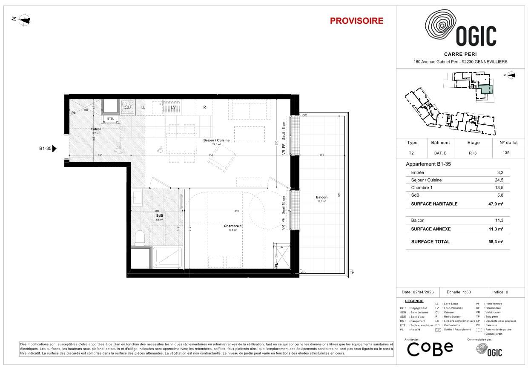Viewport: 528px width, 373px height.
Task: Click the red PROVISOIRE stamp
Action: pos(356,21)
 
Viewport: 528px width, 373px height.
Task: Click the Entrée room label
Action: pos(96,129)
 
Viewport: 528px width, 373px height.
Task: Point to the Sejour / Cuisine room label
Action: pos(216,140)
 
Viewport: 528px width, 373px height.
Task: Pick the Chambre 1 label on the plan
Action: pos(233,226)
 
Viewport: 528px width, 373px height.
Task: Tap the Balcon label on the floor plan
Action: pos(321,197)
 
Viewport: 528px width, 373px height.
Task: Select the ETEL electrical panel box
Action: pos(111,119)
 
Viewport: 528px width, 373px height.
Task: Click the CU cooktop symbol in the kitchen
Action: pos(127,107)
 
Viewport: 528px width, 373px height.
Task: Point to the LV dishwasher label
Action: pos(173,107)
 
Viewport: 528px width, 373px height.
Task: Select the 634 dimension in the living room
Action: pos(210,155)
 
